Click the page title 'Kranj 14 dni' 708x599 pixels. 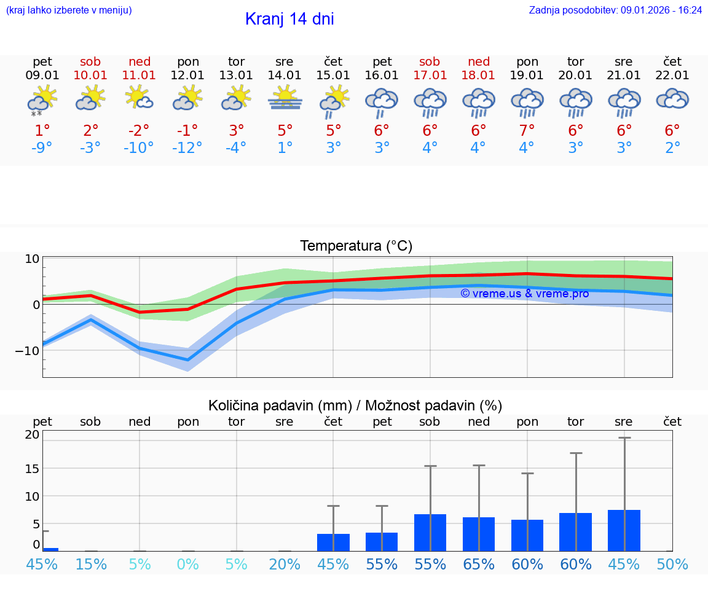coord(289,19)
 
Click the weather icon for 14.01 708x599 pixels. coord(285,98)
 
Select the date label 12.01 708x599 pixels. coord(187,76)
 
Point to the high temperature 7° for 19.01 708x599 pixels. coord(527,131)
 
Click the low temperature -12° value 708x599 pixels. coord(187,148)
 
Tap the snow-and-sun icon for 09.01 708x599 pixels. coord(42,100)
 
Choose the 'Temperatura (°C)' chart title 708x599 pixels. coord(356,246)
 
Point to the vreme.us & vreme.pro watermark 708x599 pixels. coord(524,294)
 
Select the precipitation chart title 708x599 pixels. coord(355,405)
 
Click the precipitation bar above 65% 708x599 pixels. coord(479,534)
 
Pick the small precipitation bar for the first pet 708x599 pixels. coord(50,549)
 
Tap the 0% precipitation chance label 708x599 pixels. coord(187,565)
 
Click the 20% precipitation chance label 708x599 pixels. coord(285,565)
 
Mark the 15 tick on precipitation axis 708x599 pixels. coord(32,468)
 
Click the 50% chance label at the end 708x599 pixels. coord(672,565)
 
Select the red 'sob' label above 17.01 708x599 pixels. coord(430,61)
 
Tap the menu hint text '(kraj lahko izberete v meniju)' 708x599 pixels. coord(68,10)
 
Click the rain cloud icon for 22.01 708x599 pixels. coord(672,99)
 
